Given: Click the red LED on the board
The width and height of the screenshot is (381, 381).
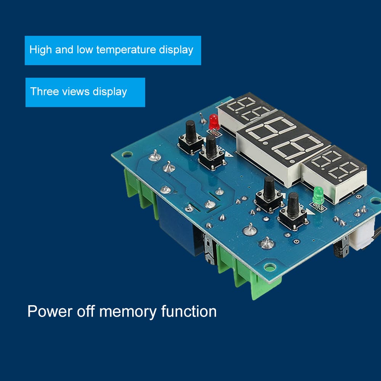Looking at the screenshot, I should point(214,121).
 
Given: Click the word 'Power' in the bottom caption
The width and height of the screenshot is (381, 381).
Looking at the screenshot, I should point(49,312).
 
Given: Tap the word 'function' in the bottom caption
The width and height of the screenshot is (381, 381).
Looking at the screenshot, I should point(189,312).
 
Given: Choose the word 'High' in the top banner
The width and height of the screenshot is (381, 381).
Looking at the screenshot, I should point(40,50).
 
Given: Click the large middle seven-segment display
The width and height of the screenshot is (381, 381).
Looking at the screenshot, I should point(282,147).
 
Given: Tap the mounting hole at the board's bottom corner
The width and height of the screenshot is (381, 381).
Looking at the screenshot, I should point(269,267).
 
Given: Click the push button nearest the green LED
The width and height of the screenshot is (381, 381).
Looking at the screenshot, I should point(293,211).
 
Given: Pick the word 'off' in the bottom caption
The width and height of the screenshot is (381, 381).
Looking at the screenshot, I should point(85,312).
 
